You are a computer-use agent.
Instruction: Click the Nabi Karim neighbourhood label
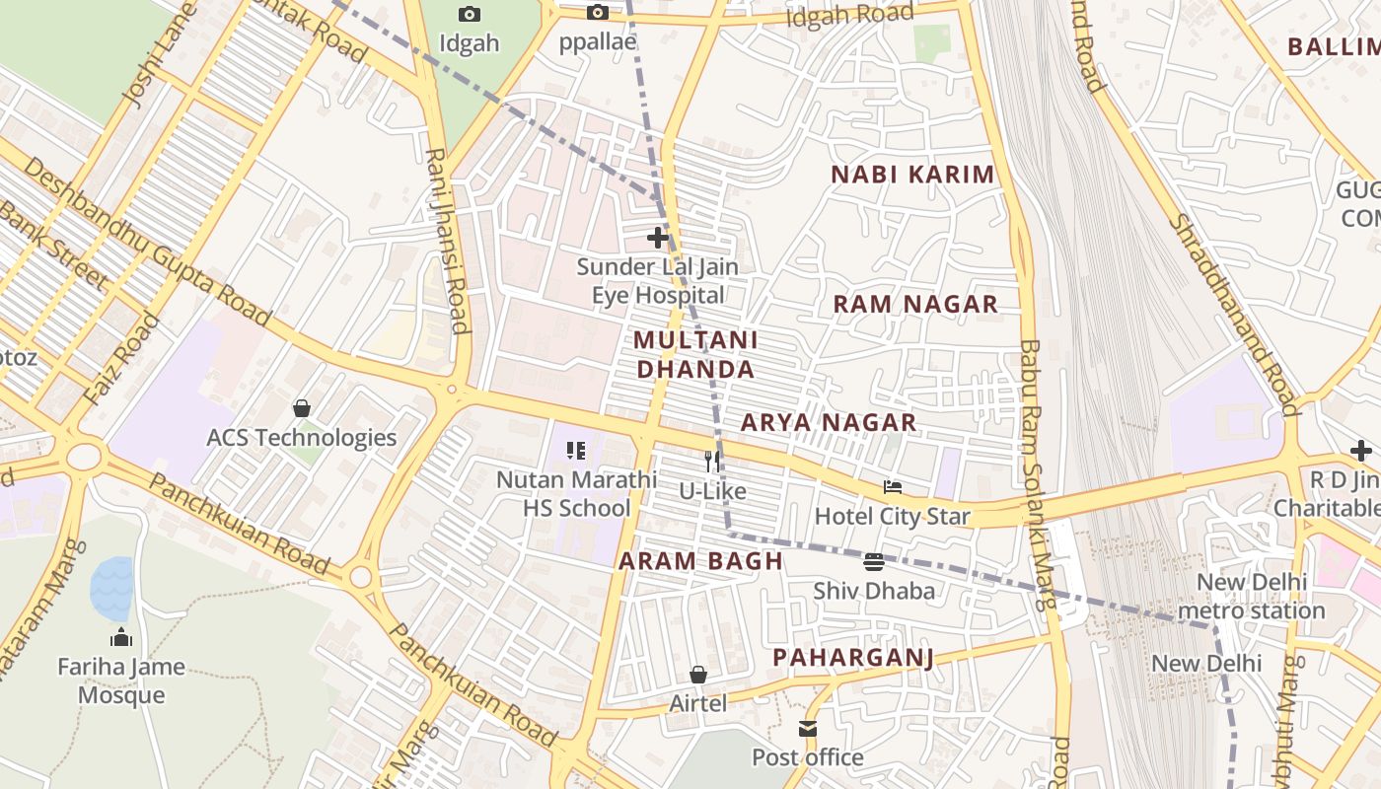click(912, 176)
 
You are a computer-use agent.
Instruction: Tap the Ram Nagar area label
click(915, 305)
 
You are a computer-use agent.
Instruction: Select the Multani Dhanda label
click(695, 355)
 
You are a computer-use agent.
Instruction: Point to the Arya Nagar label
click(829, 423)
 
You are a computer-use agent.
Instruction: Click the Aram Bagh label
click(700, 562)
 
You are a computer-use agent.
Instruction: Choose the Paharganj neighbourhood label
click(852, 658)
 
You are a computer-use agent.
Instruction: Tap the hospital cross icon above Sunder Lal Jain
click(658, 238)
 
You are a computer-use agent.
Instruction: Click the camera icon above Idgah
click(470, 14)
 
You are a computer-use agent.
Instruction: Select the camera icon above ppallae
click(597, 13)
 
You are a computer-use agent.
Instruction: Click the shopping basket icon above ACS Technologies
click(302, 408)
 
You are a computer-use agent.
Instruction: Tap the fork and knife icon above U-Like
click(712, 461)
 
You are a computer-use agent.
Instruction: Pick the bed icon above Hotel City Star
click(892, 486)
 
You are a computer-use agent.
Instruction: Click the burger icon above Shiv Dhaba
click(873, 562)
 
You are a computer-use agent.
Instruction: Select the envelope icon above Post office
click(808, 729)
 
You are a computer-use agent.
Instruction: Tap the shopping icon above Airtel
click(698, 675)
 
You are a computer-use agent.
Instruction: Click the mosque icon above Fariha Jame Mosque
click(121, 637)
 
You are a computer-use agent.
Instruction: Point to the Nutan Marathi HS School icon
click(576, 451)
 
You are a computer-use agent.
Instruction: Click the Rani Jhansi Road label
click(446, 241)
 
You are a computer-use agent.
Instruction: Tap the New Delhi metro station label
click(1251, 596)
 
